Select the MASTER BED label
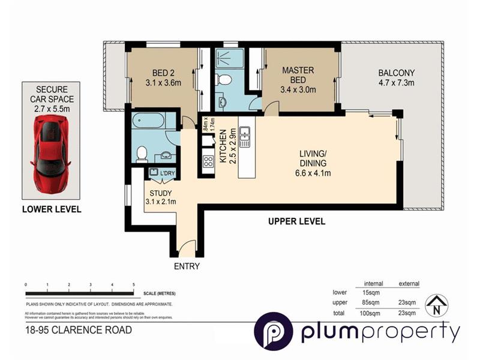[x=298, y=80]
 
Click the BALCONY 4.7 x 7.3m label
[x=396, y=78]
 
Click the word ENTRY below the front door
[x=187, y=266]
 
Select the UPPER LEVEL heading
[x=296, y=221]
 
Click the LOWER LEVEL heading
[x=51, y=209]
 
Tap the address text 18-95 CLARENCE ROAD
[x=79, y=329]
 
